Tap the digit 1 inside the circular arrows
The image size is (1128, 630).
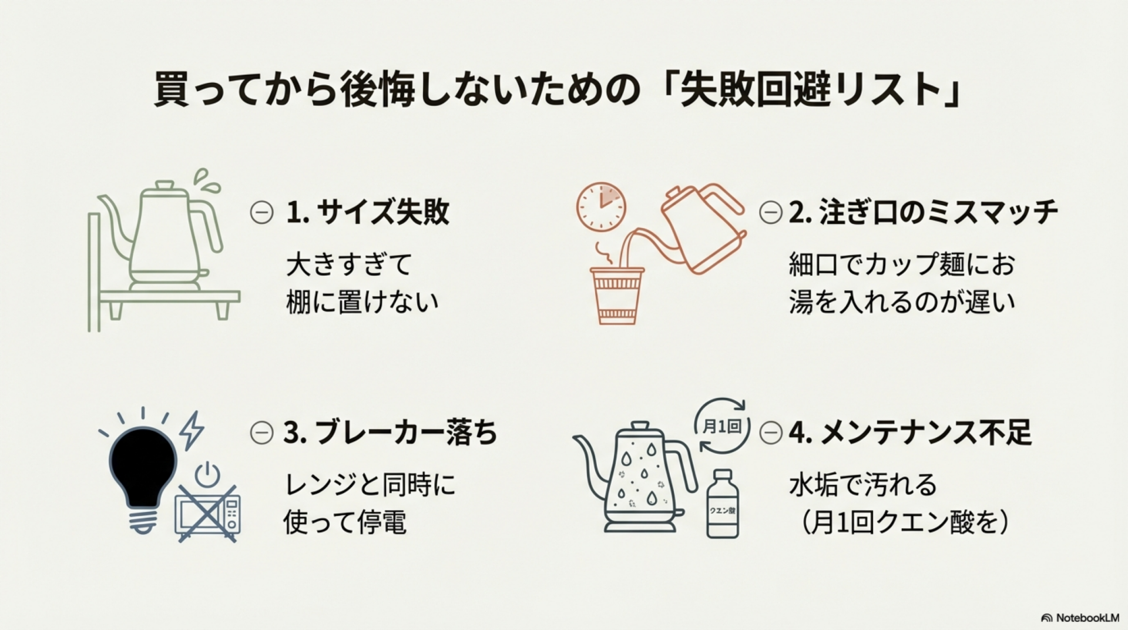[x=721, y=427]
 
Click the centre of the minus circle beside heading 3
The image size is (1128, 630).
[x=261, y=433]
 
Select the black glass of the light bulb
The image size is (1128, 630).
[x=143, y=467]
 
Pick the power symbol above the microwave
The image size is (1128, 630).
[x=207, y=475]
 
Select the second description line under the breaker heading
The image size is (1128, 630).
[x=345, y=522]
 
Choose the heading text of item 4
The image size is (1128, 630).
[x=910, y=433]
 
